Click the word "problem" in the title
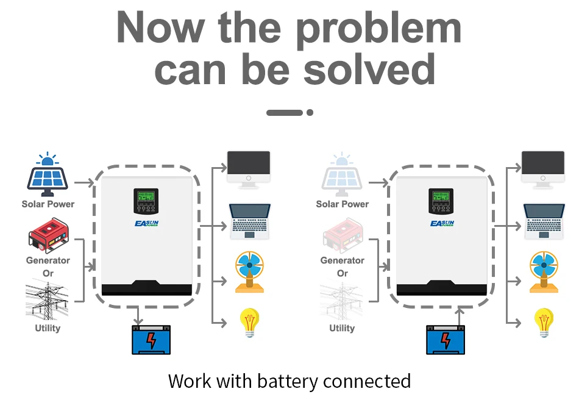tap(378, 28)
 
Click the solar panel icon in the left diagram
tap(47, 176)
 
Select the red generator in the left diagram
tap(48, 238)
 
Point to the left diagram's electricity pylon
tap(47, 301)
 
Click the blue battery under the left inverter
tap(151, 340)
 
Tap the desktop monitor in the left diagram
tap(249, 168)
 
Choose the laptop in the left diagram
tap(249, 221)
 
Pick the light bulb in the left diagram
tap(249, 322)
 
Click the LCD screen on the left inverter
tap(146, 198)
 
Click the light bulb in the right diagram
tap(544, 322)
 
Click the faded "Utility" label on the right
tap(342, 328)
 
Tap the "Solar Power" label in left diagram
tap(48, 204)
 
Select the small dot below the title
tap(310, 113)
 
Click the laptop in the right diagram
tap(544, 221)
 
